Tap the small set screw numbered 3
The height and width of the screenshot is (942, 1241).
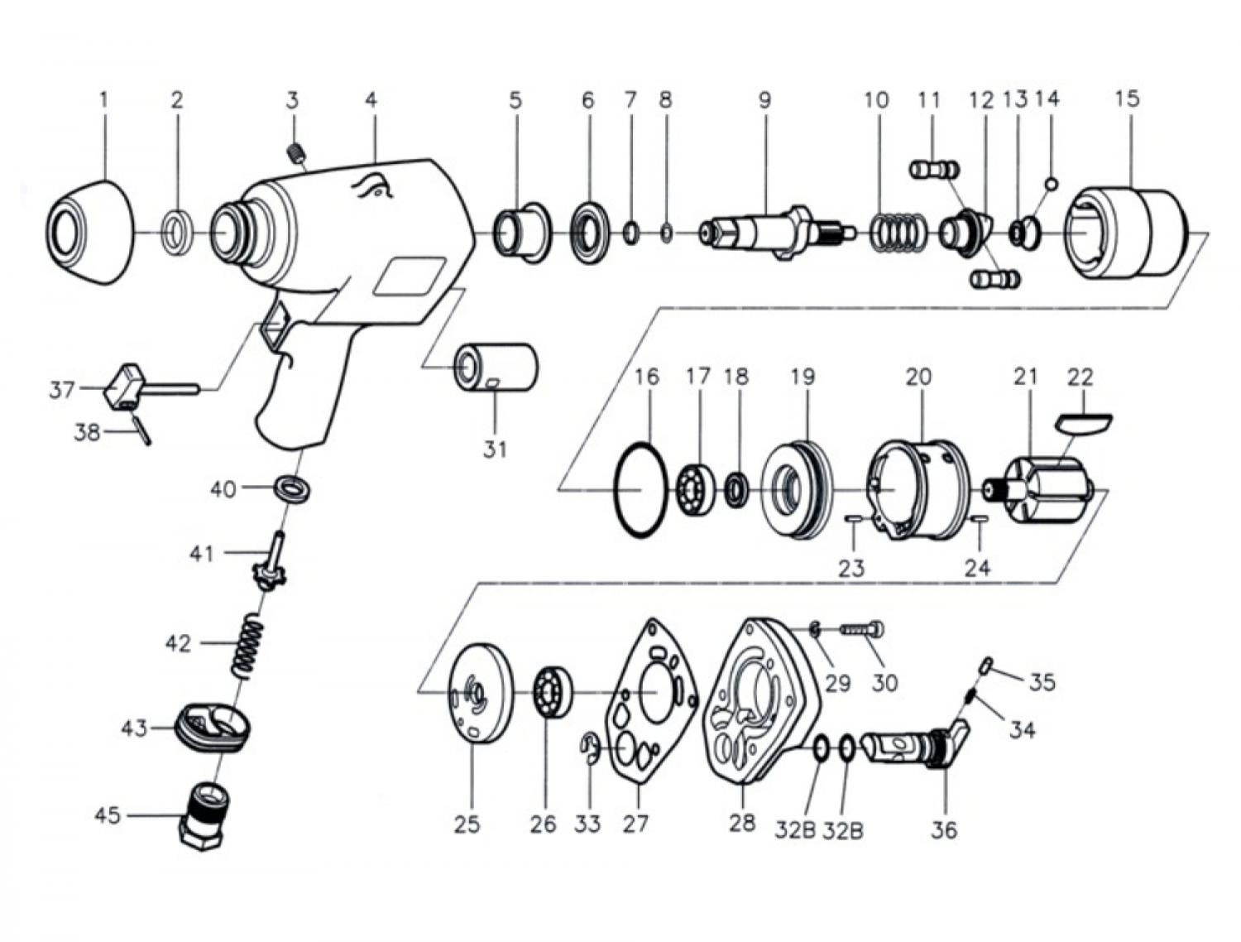pyautogui.click(x=294, y=153)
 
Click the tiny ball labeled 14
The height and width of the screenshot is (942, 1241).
pyautogui.click(x=1052, y=183)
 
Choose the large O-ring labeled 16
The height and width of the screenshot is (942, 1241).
pyautogui.click(x=642, y=489)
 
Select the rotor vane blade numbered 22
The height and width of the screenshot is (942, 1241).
pyautogui.click(x=1084, y=422)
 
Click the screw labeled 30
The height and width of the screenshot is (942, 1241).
pyautogui.click(x=862, y=630)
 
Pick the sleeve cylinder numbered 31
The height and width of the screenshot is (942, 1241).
pyautogui.click(x=496, y=366)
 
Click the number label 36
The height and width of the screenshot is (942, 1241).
pyautogui.click(x=944, y=829)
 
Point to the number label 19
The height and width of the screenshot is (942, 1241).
pyautogui.click(x=803, y=377)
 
